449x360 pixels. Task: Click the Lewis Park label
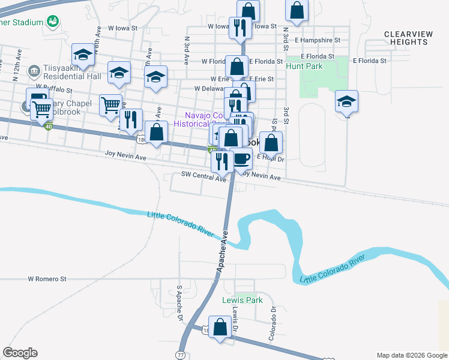pyautogui.click(x=243, y=300)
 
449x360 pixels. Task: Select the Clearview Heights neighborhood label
pyautogui.click(x=408, y=38)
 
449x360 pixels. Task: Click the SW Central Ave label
pyautogui.click(x=203, y=175)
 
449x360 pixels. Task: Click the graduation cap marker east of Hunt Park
pyautogui.click(x=347, y=101)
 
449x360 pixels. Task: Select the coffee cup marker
pyautogui.click(x=241, y=159)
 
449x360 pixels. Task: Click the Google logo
pyautogui.click(x=20, y=353)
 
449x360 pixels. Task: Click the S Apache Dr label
pyautogui.click(x=179, y=303)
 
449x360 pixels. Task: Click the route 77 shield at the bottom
pyautogui.click(x=181, y=355)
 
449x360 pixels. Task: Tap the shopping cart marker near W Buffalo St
pyautogui.click(x=110, y=105)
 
